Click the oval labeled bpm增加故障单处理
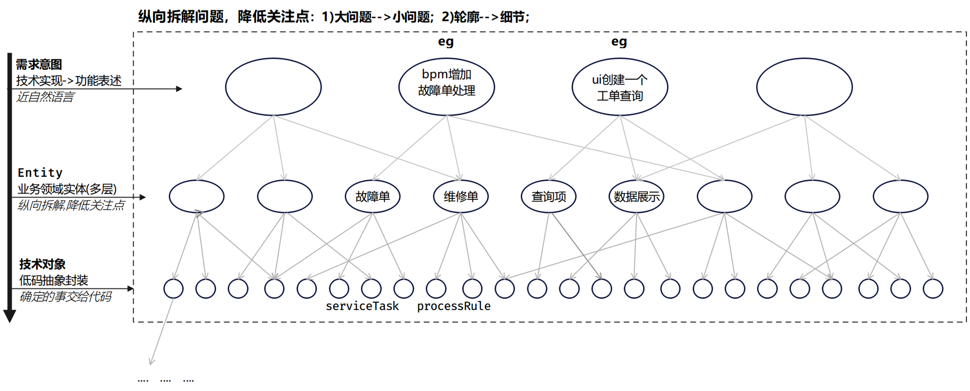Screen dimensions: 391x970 (447, 87)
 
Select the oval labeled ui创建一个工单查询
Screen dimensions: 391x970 (620, 87)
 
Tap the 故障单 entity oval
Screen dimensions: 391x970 (373, 196)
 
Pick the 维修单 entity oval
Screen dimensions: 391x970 (461, 196)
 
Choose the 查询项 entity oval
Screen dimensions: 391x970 (549, 196)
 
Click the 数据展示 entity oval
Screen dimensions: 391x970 (636, 196)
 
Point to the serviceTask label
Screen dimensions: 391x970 (362, 306)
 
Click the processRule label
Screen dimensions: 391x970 (453, 306)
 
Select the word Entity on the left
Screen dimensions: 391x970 (40, 173)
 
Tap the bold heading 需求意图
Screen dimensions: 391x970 (39, 65)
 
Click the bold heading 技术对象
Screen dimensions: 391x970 (43, 264)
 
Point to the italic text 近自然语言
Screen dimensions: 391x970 (45, 97)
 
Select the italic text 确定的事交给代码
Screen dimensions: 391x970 (65, 297)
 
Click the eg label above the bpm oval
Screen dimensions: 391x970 (446, 41)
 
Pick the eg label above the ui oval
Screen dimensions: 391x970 (619, 41)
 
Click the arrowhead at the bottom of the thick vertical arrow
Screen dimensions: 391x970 (10, 316)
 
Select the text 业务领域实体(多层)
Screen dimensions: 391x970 (67, 189)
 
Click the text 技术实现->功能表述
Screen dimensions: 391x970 (69, 81)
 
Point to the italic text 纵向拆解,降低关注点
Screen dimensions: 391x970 (71, 205)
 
